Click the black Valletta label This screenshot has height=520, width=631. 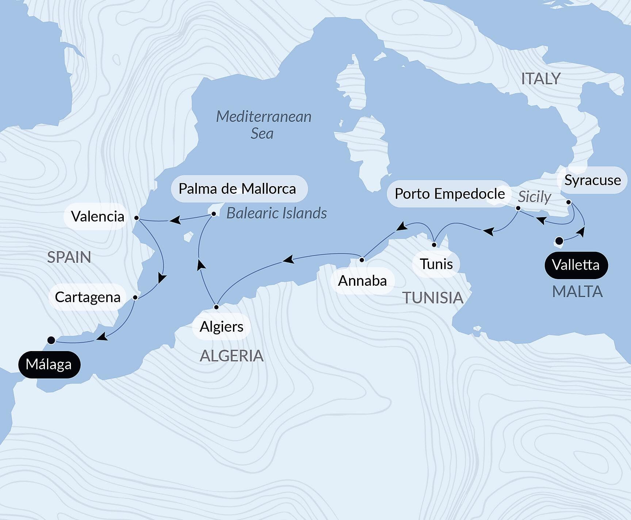click(576, 265)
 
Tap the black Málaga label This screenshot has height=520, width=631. click(49, 364)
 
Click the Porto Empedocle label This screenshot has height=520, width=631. click(450, 194)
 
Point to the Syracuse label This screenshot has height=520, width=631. click(592, 180)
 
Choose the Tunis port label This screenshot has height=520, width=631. click(436, 264)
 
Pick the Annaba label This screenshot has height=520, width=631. click(362, 281)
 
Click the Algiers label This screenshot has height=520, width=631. click(221, 327)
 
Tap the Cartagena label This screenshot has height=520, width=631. click(88, 297)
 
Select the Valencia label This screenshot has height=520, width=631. click(97, 216)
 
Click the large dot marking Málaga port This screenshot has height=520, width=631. click(51, 340)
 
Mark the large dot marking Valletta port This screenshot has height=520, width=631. click(559, 241)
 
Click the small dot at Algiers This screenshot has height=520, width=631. click(216, 307)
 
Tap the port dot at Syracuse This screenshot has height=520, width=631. click(569, 202)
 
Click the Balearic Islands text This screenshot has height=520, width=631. click(276, 213)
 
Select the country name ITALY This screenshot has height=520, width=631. click(540, 79)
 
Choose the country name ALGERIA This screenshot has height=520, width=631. click(232, 356)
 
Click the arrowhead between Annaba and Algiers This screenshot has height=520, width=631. click(288, 260)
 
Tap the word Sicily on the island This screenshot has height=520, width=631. click(534, 197)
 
